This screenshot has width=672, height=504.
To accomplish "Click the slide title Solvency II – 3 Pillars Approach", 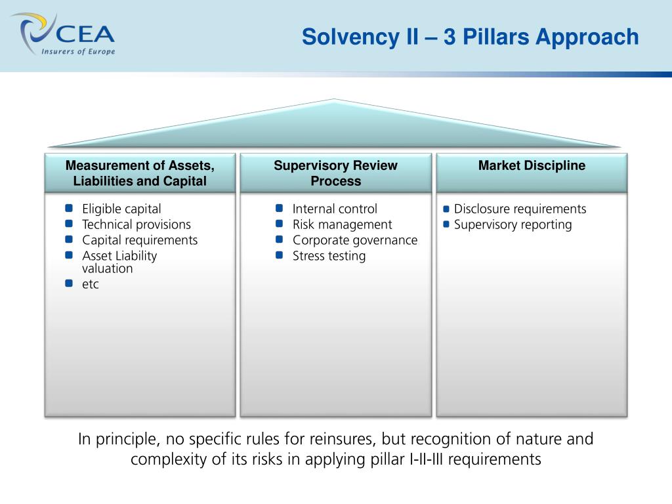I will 470,37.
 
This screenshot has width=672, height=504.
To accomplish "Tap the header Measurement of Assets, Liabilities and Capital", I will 140,173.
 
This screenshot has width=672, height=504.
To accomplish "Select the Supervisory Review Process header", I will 335,173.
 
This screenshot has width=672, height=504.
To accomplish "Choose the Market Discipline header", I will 532,166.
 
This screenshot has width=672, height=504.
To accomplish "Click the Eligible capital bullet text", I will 121,209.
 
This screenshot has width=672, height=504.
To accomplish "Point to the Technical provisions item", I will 136,224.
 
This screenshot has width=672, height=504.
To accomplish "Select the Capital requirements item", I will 140,240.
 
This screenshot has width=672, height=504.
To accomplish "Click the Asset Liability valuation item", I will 119,262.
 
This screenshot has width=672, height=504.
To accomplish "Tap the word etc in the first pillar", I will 91,285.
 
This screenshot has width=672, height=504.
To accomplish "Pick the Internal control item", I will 335,209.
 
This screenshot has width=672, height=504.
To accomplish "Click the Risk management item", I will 342,224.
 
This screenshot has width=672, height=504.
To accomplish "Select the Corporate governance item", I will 355,240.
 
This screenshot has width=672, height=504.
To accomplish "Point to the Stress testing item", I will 329,256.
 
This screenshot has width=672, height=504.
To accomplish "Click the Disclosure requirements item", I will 520,209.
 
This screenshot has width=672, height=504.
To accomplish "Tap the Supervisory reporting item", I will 513,224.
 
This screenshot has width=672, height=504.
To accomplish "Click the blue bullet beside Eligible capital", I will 69,208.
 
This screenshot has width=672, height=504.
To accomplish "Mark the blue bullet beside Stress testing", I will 280,255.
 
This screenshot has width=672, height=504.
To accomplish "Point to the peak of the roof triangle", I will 334,100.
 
